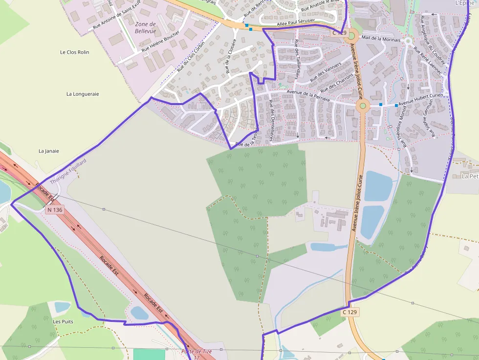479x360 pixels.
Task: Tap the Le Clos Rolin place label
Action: click(74, 52)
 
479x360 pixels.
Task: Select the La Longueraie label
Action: click(83, 94)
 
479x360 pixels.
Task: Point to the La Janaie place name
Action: click(48, 151)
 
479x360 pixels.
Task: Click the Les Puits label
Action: click(63, 321)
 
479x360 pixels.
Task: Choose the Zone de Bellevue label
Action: click(145, 27)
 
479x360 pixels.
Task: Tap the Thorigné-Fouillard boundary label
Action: click(68, 171)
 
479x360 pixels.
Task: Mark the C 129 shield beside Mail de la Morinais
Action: click(339, 33)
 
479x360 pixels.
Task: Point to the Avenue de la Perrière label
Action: click(308, 96)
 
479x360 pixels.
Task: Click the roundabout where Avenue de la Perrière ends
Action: click(363, 106)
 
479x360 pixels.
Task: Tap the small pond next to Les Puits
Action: click(62, 307)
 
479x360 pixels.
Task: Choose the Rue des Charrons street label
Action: click(338, 83)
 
